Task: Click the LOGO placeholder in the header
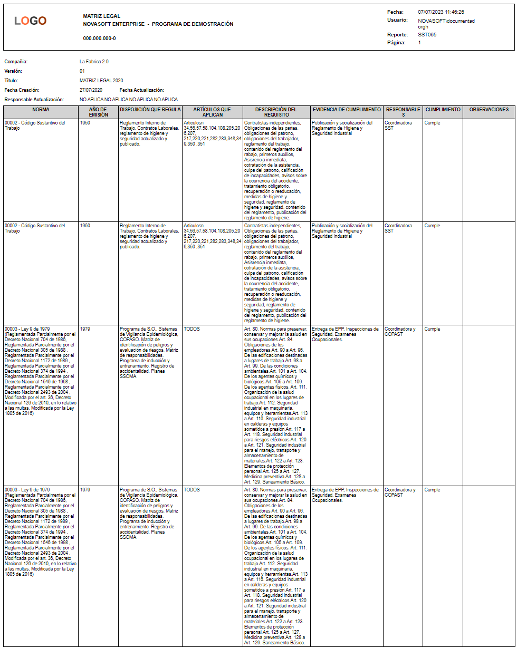tap(31, 21)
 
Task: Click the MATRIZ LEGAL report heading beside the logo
tap(102, 16)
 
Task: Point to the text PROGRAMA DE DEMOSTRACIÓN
tap(193, 24)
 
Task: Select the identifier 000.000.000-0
tap(100, 38)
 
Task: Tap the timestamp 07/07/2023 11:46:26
tap(441, 12)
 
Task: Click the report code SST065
tap(427, 35)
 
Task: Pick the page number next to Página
tap(419, 42)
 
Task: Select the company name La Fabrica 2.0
tap(94, 62)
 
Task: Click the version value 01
tap(82, 71)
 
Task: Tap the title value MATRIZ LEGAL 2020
tap(101, 81)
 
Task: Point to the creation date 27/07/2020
tap(91, 90)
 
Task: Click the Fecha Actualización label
tap(142, 90)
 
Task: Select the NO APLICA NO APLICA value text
tap(129, 100)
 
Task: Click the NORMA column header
tap(41, 110)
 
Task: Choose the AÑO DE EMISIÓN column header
tap(99, 112)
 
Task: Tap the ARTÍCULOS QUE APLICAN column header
tap(212, 112)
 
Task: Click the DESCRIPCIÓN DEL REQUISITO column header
tap(276, 112)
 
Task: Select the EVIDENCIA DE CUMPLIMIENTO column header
tap(347, 110)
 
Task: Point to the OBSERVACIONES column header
tap(489, 110)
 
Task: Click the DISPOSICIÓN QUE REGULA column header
tap(150, 110)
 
